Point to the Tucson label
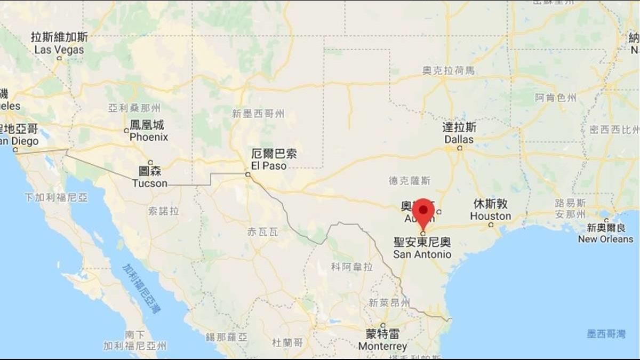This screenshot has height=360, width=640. (150, 183)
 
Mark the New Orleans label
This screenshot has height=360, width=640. (605, 239)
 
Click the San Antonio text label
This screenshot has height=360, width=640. (422, 254)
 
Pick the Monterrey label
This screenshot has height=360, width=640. (382, 346)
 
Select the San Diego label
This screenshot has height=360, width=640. (18, 141)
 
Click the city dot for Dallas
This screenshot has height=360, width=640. (460, 148)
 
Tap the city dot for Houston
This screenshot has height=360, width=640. (491, 225)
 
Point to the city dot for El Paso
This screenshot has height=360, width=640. (247, 174)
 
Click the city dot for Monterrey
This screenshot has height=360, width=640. (383, 325)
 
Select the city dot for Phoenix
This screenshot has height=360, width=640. (126, 130)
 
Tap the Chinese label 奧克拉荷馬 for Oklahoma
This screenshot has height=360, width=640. (448, 70)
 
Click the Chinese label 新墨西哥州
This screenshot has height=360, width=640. (258, 113)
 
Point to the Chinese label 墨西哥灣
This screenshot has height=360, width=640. (606, 334)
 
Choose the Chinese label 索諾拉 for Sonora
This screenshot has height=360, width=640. (163, 211)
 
